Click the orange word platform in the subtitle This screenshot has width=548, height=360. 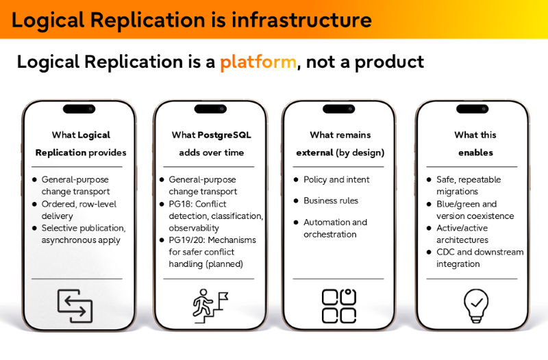[x=258, y=62]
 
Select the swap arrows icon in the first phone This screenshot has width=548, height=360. [x=75, y=306]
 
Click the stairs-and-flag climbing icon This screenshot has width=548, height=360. [x=209, y=306]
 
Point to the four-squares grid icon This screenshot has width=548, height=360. [x=339, y=306]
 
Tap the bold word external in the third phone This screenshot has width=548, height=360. [x=314, y=153]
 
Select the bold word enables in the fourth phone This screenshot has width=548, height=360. [x=475, y=153]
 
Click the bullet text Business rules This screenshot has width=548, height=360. [x=331, y=201]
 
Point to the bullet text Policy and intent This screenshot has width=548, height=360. [x=336, y=179]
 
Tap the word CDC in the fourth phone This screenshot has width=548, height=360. [x=446, y=252]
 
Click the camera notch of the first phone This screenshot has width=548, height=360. [x=79, y=109]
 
